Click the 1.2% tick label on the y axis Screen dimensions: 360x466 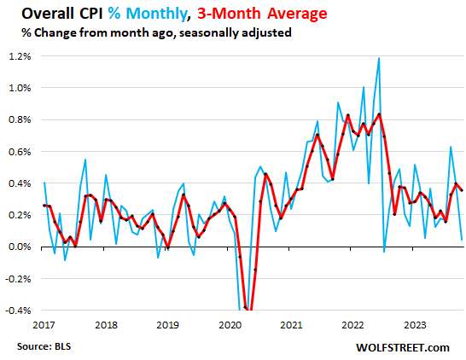21,56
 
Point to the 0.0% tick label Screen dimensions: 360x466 21,247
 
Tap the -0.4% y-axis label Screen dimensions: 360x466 20,310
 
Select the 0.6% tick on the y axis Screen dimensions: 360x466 21,152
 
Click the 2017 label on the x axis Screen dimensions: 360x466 44,324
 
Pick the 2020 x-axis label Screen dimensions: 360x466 230,324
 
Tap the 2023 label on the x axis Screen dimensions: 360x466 416,324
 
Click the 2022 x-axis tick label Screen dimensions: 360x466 354,324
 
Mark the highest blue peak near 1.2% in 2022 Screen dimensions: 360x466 378,58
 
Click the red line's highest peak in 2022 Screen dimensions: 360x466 379,114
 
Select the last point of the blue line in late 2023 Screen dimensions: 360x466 462,239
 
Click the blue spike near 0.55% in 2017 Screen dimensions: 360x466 85,160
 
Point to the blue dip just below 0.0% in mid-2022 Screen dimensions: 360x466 384,251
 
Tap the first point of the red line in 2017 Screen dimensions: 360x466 44,206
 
